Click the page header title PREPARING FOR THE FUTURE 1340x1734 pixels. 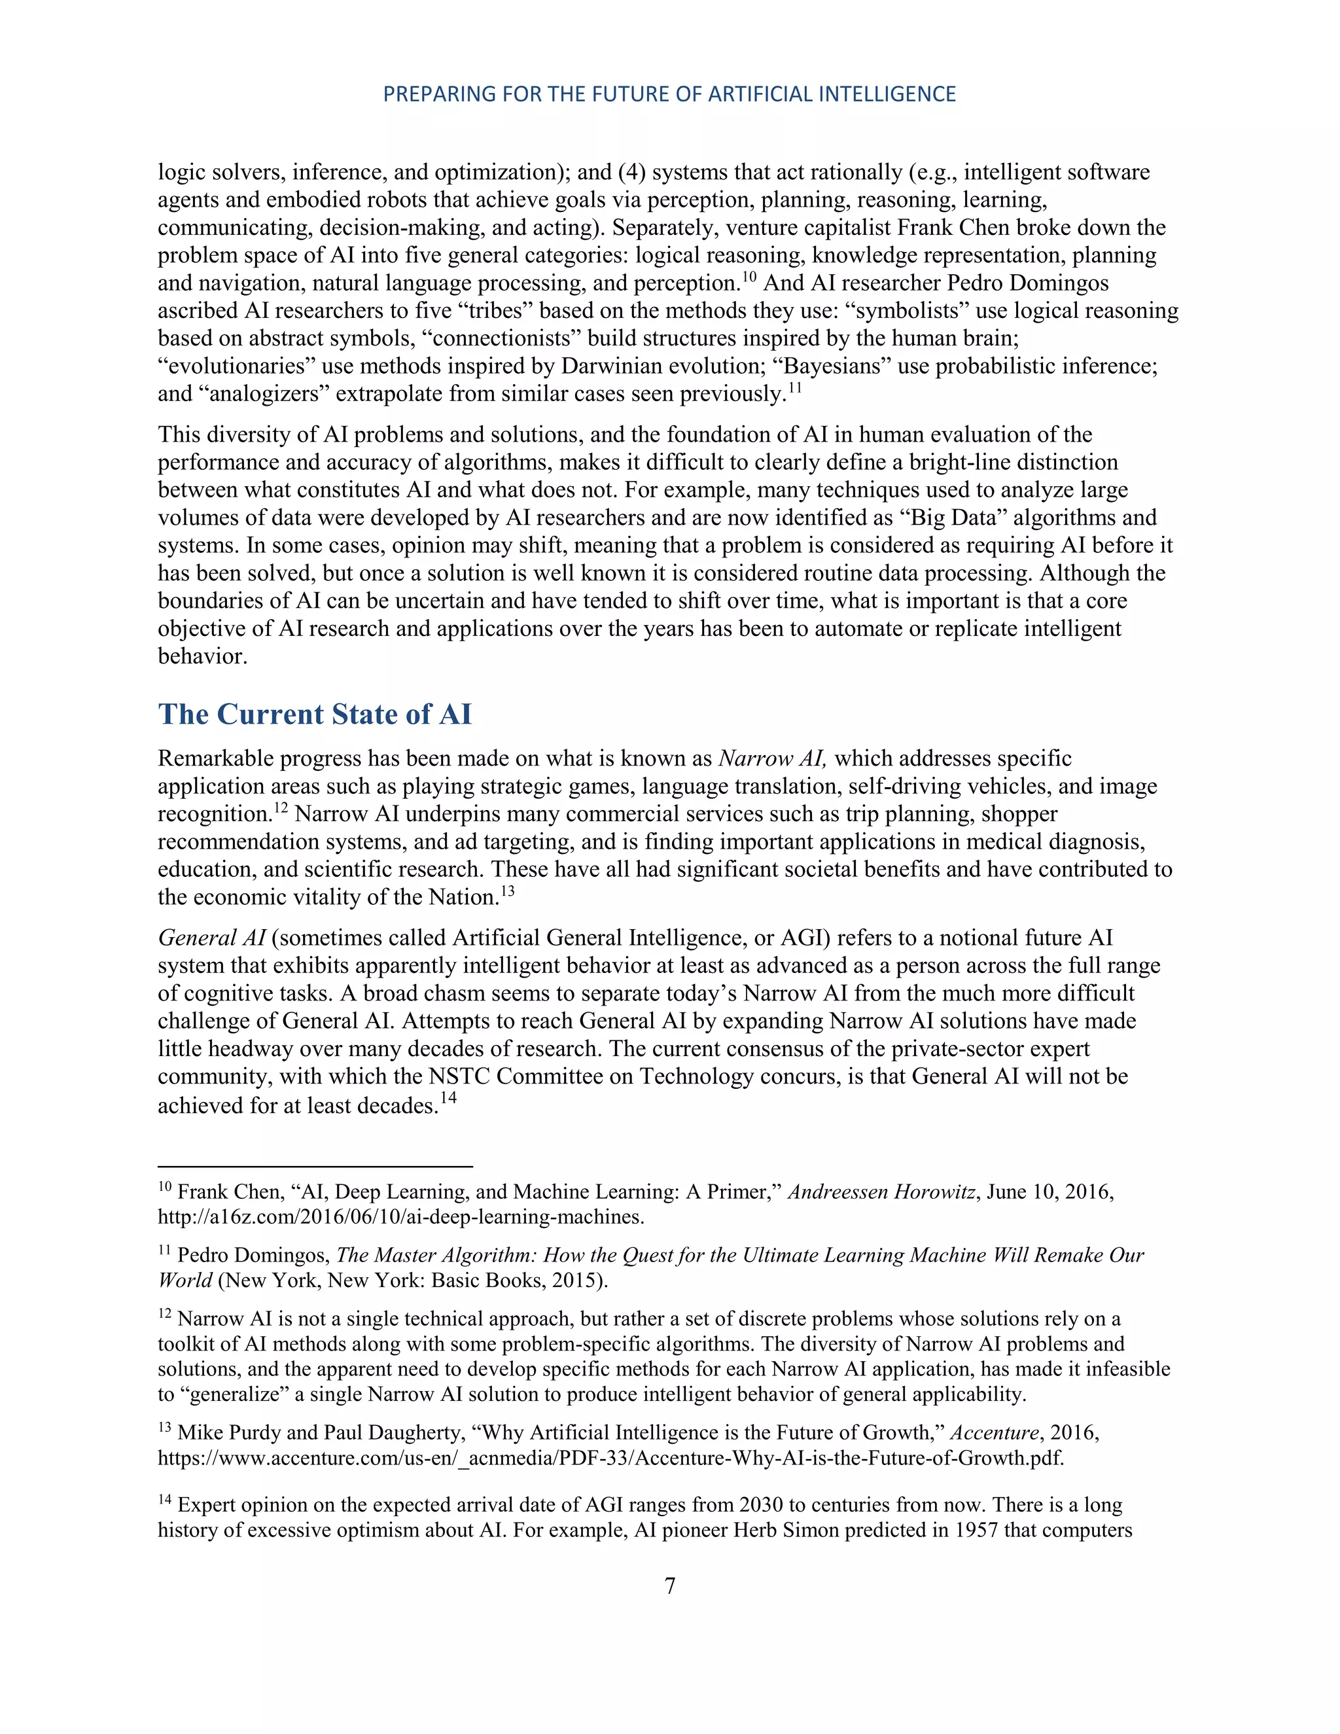[669, 94]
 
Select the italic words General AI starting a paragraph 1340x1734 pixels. [211, 938]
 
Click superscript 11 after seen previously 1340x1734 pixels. [794, 388]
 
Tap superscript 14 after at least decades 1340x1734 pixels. [448, 1098]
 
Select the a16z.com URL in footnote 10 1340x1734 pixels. [401, 1216]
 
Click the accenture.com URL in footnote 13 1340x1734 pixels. [610, 1458]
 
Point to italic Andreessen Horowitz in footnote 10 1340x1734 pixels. [881, 1192]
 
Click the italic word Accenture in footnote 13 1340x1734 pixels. [994, 1432]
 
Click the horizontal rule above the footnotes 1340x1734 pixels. [315, 1166]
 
